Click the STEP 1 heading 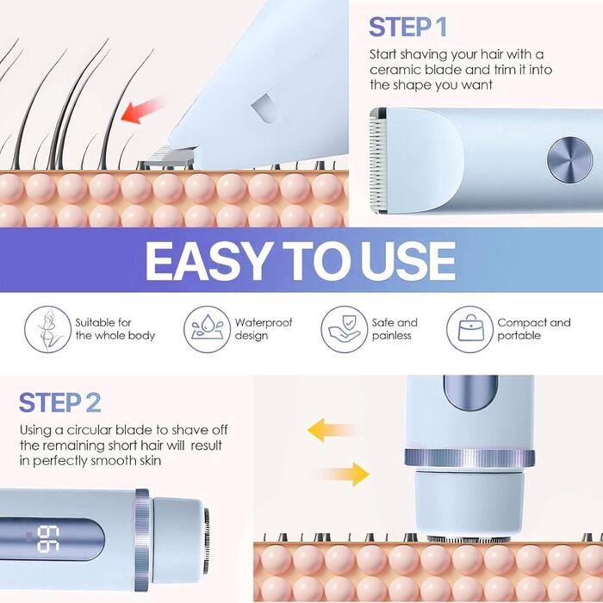407,27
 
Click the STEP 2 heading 60,402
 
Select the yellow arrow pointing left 332,430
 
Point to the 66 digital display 48,538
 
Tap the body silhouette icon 47,329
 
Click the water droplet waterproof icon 207,329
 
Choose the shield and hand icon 345,329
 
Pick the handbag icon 469,329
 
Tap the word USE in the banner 408,262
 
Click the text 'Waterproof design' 264,329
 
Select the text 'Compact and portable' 534,329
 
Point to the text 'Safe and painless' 395,329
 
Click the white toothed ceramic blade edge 377,161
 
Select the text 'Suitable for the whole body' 115,329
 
